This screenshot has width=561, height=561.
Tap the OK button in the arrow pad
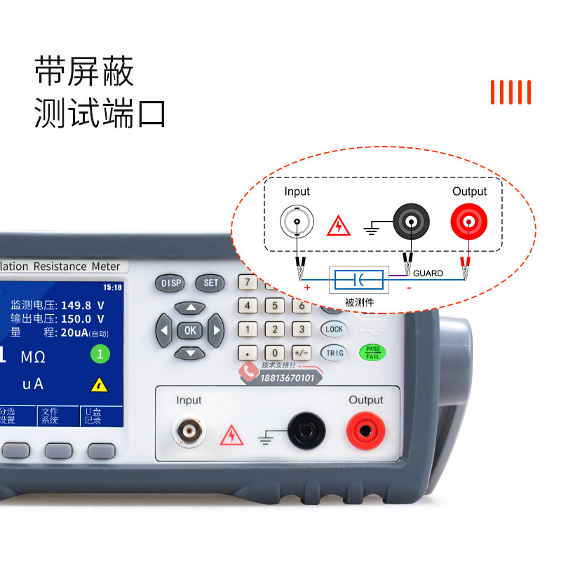pos(189,330)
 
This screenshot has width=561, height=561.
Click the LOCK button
pos(334,329)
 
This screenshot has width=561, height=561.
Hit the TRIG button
pos(334,353)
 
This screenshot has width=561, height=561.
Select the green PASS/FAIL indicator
pos(372,353)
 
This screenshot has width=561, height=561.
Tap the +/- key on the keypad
pos(302,353)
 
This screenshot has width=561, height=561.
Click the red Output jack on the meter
pos(365,429)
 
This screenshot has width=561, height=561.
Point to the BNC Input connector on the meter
pos(188,430)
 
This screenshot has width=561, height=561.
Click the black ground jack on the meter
pos(306,429)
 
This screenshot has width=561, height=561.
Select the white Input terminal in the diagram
pos(297,222)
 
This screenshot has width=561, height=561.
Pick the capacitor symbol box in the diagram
pos(358,280)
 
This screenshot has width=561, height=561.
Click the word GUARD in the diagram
pos(428,273)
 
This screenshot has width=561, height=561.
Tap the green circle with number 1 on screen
pos(100,354)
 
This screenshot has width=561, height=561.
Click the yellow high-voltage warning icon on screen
pos(100,384)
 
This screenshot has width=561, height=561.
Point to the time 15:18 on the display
pos(112,288)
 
